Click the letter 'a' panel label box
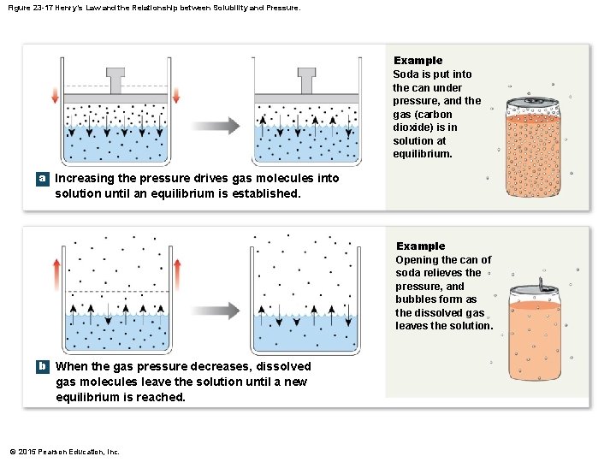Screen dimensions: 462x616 (x=41, y=179)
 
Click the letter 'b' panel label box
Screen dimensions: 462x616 (x=41, y=366)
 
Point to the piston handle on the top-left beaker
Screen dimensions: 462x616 (x=115, y=79)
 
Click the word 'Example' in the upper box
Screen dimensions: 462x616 (x=418, y=61)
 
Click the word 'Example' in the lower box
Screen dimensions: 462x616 (x=420, y=246)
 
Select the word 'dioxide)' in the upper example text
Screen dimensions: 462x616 (x=414, y=127)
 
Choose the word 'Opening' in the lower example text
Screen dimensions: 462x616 (x=416, y=260)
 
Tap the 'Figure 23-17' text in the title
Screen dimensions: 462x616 (x=33, y=8)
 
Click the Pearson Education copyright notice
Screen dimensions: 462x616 (x=64, y=452)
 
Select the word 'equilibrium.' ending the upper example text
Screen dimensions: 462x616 (x=422, y=154)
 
